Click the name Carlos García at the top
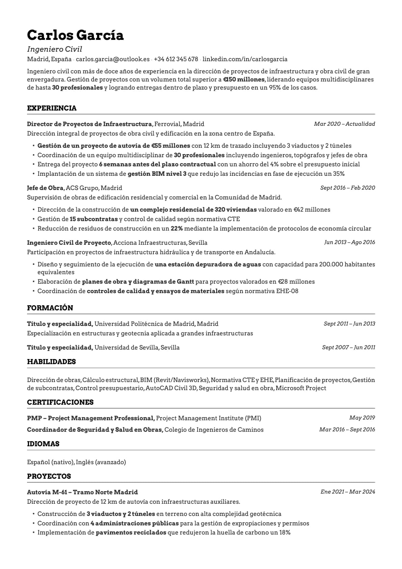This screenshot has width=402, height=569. coord(75,35)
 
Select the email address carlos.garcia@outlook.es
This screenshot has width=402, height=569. coord(112,59)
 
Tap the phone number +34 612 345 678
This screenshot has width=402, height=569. coord(176,59)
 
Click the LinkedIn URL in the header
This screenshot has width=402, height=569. coord(245,59)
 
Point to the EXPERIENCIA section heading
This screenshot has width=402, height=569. coord(52,108)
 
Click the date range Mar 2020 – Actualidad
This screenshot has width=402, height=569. coord(344,124)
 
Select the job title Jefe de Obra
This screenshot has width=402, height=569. coord(45,188)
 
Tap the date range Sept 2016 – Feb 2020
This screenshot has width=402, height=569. coord(347,188)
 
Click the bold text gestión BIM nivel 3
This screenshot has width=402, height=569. coord(157,174)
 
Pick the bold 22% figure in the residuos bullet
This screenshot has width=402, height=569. coord(176,229)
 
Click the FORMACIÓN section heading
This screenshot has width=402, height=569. coord(50,308)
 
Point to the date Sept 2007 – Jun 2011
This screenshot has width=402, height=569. coord(348,347)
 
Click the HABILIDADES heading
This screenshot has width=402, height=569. coord(51,362)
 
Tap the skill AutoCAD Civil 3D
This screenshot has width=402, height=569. coord(171,388)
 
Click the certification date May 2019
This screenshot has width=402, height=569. coord(362,418)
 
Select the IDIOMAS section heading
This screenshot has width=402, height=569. coord(43,444)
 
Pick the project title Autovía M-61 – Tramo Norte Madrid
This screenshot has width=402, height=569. coord(82,492)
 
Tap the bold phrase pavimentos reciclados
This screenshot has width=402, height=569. coord(131,532)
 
